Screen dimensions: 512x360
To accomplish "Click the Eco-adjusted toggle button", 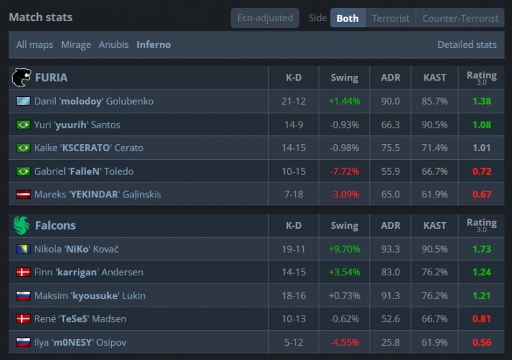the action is [265, 18].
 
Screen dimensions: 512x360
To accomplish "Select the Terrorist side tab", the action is [390, 18].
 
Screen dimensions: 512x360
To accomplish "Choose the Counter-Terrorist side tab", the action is [460, 18].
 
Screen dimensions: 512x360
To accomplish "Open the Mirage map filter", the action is [76, 44].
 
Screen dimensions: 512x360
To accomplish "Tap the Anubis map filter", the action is [113, 44].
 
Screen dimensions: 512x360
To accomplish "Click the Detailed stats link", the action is [467, 44].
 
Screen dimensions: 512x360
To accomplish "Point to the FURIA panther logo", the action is [21, 77].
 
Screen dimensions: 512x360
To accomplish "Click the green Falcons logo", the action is [22, 225].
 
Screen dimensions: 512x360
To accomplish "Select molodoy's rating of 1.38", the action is [482, 101].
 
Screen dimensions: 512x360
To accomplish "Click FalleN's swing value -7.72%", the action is [345, 171].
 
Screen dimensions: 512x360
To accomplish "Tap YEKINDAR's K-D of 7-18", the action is [294, 195].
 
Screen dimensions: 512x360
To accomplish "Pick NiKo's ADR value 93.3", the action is [390, 249].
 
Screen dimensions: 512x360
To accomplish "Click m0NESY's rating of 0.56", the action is [482, 342].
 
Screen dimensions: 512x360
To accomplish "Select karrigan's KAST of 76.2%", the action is [435, 272].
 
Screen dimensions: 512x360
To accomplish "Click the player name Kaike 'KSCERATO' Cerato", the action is [89, 148].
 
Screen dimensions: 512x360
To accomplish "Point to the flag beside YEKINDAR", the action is [23, 195].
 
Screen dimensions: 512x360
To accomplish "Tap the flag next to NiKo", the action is [23, 249].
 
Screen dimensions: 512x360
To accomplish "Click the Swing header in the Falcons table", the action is [345, 225].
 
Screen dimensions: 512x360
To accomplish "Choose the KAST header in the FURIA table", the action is [435, 77].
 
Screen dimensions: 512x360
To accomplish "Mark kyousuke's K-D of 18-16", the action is [294, 296].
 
